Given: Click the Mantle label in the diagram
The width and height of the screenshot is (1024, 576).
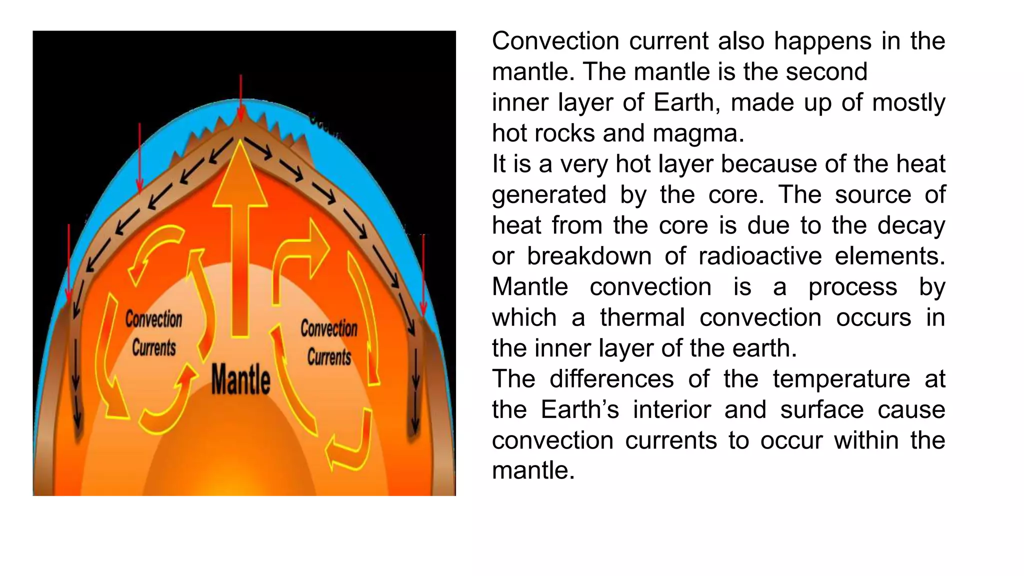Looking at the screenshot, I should click(x=240, y=379).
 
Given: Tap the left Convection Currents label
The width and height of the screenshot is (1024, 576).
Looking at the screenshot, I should click(x=153, y=333).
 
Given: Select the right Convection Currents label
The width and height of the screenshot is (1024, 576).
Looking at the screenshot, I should click(x=329, y=342).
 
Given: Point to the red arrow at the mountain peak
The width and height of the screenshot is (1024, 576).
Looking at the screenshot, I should click(x=241, y=98).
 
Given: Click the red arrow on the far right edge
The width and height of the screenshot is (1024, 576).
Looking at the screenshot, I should click(x=423, y=275).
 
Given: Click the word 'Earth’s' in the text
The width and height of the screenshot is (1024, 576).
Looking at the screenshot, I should click(x=579, y=409).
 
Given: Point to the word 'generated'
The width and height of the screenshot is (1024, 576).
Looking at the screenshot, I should click(x=549, y=194).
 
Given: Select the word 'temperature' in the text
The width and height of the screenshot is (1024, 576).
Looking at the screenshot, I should click(x=841, y=378).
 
